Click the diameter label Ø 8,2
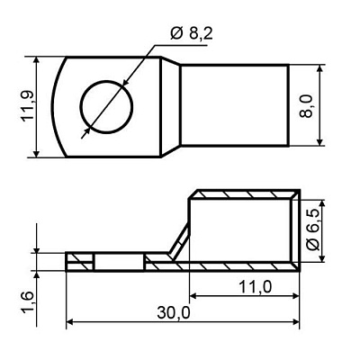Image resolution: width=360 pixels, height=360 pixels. pyautogui.click(x=192, y=33)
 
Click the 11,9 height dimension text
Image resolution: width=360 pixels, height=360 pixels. pyautogui.click(x=29, y=105)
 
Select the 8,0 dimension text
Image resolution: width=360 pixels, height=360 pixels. pyautogui.click(x=307, y=105)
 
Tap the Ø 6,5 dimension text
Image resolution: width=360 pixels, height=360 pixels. pyautogui.click(x=314, y=230)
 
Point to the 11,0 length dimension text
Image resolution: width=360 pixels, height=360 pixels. pyautogui.click(x=256, y=287)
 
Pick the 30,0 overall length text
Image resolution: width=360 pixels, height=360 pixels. pyautogui.click(x=174, y=313)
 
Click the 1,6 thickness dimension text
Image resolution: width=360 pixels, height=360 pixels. pyautogui.click(x=29, y=302)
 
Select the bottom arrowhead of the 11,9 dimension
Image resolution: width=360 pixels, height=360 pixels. pyautogui.click(x=36, y=153)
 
